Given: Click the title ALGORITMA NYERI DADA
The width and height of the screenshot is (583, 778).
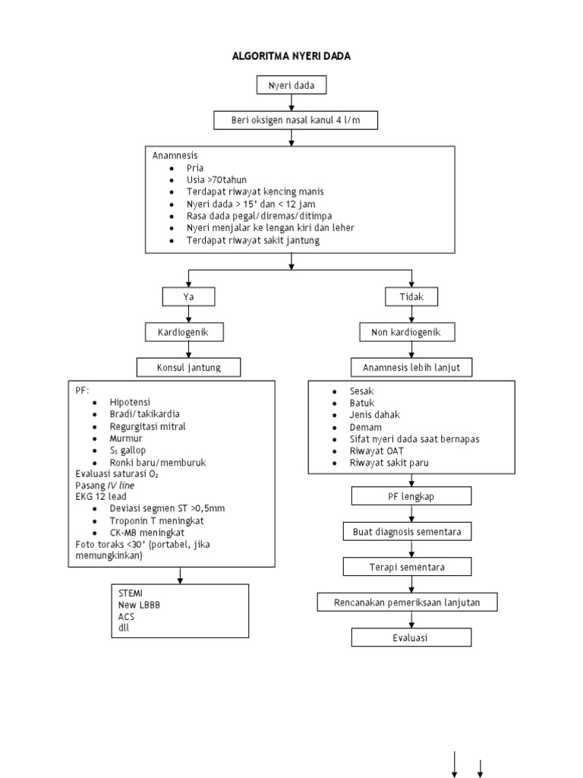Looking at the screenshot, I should click(x=291, y=56).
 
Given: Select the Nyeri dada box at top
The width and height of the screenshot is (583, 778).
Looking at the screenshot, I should click(x=291, y=86).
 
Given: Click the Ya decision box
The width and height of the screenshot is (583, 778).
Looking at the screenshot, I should click(x=188, y=296).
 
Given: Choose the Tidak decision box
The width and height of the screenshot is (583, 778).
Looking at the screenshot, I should click(x=411, y=296).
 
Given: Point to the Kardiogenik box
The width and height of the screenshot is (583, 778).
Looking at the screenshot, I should click(x=188, y=332).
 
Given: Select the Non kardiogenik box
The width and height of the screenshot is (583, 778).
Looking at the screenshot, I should click(x=411, y=332).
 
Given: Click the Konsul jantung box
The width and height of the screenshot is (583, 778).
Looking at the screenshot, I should click(x=188, y=368).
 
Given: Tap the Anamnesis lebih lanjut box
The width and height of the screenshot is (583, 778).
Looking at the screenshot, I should click(x=411, y=368).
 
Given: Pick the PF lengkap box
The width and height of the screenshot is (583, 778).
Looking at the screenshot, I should click(x=411, y=496).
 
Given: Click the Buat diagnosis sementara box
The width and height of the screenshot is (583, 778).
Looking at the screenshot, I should click(x=411, y=531).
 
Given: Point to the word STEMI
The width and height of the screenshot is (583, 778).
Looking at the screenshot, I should click(x=131, y=593).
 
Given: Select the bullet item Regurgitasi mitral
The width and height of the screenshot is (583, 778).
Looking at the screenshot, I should click(x=147, y=426).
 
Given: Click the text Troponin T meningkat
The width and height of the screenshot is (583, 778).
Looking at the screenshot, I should click(x=156, y=520).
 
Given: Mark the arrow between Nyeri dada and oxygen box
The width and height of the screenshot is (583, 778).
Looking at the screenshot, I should click(x=291, y=103).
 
